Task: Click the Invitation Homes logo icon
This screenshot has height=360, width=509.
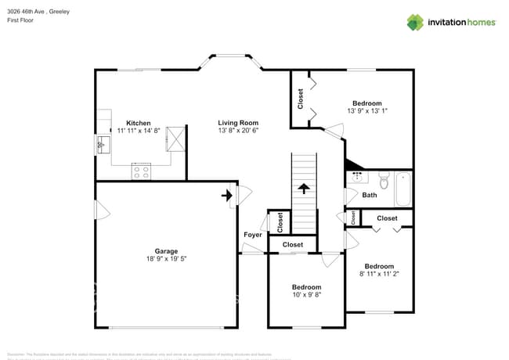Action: pyautogui.click(x=415, y=22)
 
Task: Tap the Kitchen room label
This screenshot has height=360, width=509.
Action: pyautogui.click(x=139, y=123)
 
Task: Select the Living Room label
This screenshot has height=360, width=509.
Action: pyautogui.click(x=238, y=123)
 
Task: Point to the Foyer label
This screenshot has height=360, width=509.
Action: pyautogui.click(x=253, y=235)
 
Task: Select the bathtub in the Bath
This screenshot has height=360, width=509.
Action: pyautogui.click(x=403, y=188)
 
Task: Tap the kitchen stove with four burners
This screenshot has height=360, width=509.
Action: pyautogui.click(x=141, y=171)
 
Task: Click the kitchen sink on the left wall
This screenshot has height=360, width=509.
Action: pyautogui.click(x=103, y=145)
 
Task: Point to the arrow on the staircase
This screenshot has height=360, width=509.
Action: pyautogui.click(x=304, y=188)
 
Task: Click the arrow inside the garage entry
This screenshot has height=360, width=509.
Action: pyautogui.click(x=229, y=194)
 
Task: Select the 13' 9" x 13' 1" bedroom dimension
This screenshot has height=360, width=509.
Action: pyautogui.click(x=367, y=111)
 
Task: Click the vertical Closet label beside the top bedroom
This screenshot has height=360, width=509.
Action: pyautogui.click(x=301, y=99)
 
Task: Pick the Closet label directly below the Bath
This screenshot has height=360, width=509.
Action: pyautogui.click(x=387, y=218)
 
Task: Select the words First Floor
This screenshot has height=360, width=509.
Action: pyautogui.click(x=20, y=20)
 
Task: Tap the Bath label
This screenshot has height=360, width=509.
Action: pyautogui.click(x=370, y=196)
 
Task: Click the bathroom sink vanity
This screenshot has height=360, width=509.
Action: pyautogui.click(x=356, y=177)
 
